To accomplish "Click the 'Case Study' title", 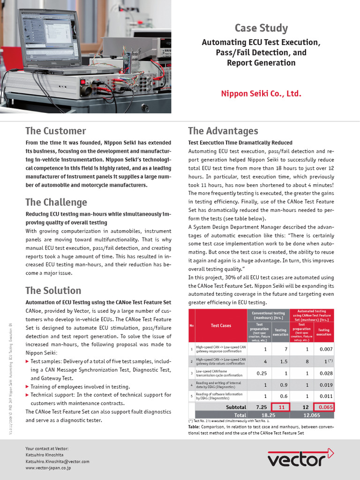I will coord(261,28).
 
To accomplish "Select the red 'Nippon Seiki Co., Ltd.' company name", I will coord(261,94).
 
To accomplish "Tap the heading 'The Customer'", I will coord(55,131).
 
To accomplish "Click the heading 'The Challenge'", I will coord(56,202).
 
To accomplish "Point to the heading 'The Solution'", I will coord(53,290).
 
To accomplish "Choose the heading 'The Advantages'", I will coord(223,131).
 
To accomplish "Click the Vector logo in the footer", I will coord(300,457).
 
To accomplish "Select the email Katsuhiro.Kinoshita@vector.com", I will coord(57,461).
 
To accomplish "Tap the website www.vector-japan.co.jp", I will coord(48,468).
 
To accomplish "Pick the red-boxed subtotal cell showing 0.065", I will coord(323,407).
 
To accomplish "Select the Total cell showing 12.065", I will coord(312,415).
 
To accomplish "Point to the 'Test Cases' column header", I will coord(221,325).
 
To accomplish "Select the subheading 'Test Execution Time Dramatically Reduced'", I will coord(240,142).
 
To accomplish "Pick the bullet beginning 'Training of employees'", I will coord(80,387).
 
